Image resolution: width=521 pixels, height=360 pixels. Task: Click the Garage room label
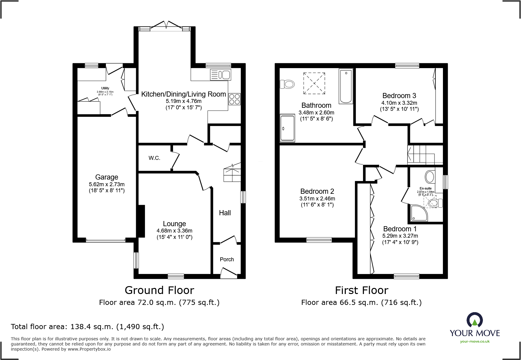click(106, 177)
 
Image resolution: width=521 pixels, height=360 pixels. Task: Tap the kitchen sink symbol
click(221, 74)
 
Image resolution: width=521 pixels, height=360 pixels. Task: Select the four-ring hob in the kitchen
click(234, 99)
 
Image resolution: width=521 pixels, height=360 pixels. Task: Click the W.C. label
click(154, 158)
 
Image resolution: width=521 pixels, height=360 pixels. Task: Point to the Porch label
click(227, 259)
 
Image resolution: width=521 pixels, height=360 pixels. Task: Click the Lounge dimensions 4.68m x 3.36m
click(174, 231)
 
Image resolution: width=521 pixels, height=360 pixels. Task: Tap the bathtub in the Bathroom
click(346, 86)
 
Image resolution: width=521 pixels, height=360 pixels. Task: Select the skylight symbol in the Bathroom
click(314, 83)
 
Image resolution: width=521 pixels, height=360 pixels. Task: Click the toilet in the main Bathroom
click(287, 84)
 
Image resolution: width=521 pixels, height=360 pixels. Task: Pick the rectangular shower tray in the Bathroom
click(287, 128)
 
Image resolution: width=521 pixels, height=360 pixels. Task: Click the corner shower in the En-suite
click(419, 213)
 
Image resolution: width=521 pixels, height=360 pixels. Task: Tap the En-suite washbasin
click(430, 177)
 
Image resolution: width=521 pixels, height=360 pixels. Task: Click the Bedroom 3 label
click(399, 96)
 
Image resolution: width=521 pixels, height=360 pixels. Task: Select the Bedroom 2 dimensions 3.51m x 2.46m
click(317, 199)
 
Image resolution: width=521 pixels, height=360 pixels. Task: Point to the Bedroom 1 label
click(400, 229)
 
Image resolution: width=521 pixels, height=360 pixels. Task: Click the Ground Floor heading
click(159, 290)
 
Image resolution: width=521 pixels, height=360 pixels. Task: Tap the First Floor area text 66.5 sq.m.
click(361, 302)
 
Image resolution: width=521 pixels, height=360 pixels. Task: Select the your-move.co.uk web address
click(475, 342)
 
